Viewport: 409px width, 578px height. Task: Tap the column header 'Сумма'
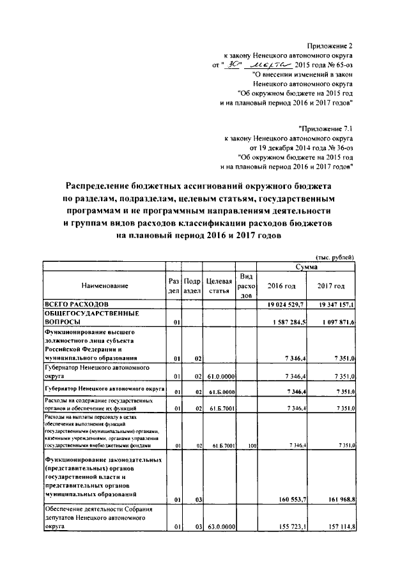(307, 266)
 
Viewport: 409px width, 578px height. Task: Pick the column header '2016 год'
(282, 285)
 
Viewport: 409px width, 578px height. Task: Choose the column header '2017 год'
(332, 285)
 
